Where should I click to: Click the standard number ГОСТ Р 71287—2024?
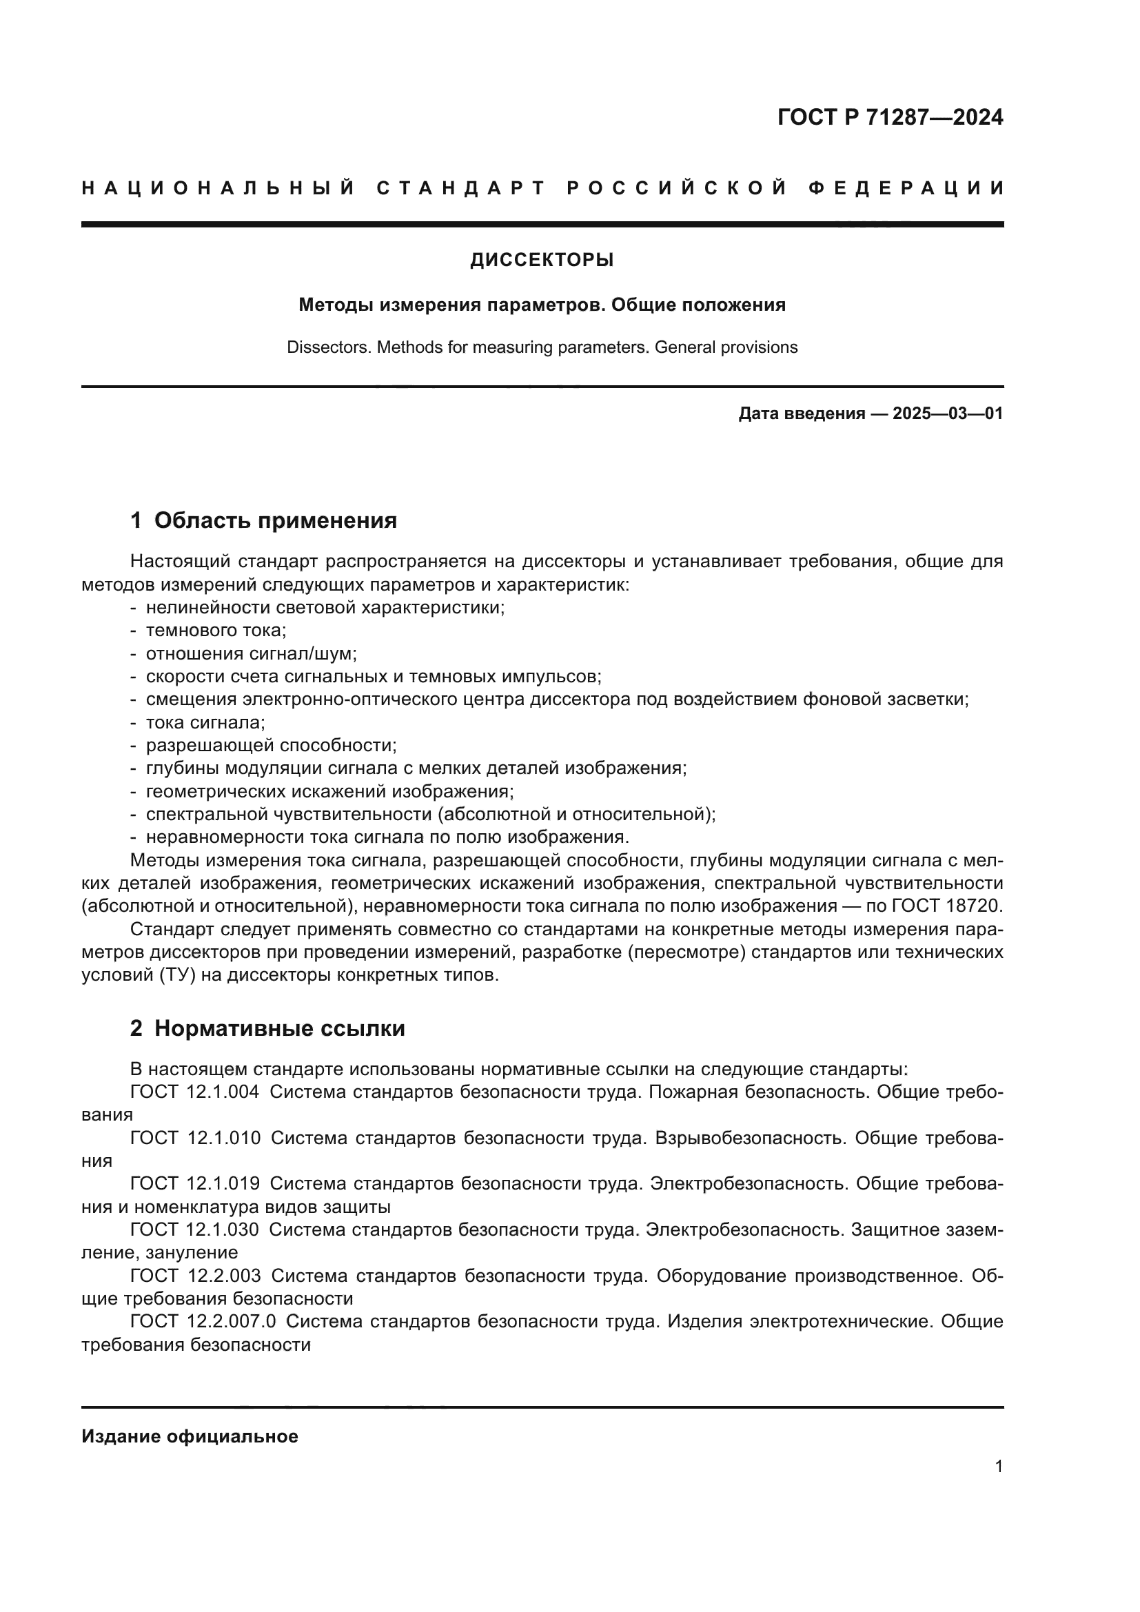(x=890, y=117)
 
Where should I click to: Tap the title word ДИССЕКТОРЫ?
(x=542, y=261)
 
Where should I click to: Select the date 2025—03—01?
(x=947, y=414)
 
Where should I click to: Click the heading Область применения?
(x=275, y=520)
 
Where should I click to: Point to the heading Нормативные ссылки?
(x=279, y=1028)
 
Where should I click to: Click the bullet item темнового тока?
(x=216, y=631)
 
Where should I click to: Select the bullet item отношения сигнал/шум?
(x=252, y=653)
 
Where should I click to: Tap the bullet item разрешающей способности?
(x=271, y=745)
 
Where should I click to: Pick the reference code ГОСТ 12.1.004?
(x=194, y=1092)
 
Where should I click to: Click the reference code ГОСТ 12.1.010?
(x=195, y=1137)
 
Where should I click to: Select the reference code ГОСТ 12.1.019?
(x=194, y=1183)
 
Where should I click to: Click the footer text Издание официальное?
(x=190, y=1436)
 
